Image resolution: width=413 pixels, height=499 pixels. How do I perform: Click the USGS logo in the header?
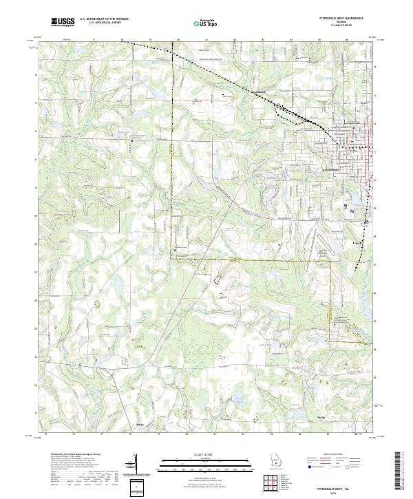(63, 22)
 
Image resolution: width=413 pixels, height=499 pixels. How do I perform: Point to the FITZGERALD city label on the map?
(333, 169)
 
